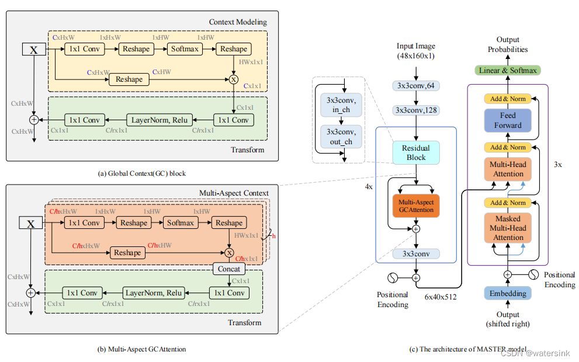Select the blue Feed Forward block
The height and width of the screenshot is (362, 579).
pos(508,120)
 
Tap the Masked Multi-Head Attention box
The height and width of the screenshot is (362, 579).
pos(508,228)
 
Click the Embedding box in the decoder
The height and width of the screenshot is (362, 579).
pos(508,293)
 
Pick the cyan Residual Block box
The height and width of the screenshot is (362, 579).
pos(416,153)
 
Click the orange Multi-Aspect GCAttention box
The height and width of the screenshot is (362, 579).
pos(416,206)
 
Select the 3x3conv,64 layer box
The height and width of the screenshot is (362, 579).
pos(416,86)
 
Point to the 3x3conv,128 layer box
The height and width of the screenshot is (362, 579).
pos(416,110)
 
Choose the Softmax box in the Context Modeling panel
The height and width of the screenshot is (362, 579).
pos(185,49)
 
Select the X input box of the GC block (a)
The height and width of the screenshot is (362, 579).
pos(33,50)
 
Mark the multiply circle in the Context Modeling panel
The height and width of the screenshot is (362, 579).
pos(234,79)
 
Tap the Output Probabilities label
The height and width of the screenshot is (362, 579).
pos(508,45)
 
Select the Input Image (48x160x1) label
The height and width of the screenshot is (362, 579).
pos(415,51)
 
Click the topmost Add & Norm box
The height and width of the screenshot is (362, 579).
pos(508,99)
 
